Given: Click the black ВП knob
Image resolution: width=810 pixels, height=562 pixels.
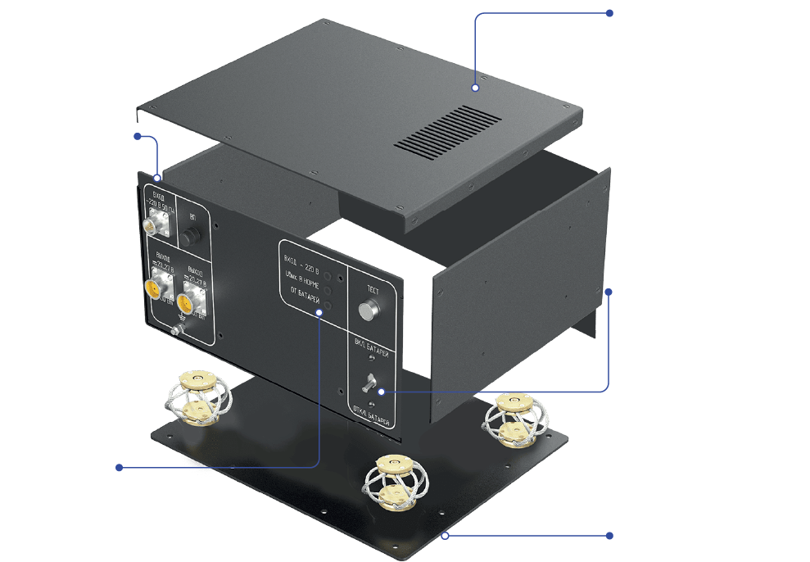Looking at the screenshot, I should (192, 237).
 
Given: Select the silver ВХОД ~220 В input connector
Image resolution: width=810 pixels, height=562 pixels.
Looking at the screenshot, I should (156, 224).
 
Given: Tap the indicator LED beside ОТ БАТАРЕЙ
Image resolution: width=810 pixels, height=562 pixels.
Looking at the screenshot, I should (328, 306).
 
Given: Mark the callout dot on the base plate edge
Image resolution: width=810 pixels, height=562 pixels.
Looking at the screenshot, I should (446, 536).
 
